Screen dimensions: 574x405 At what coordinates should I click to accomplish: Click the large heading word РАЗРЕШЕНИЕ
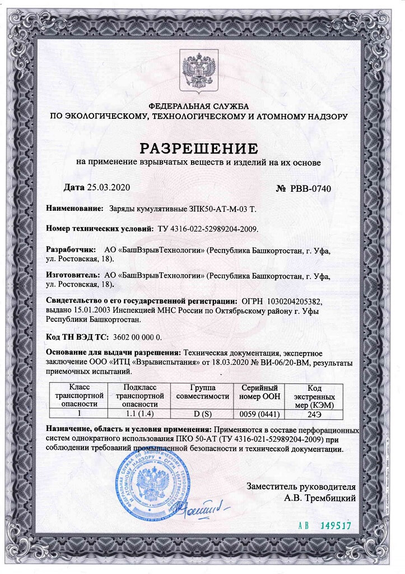[198, 149]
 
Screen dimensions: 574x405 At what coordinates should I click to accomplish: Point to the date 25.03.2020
[109, 187]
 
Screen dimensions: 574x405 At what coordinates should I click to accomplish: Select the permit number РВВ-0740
[310, 188]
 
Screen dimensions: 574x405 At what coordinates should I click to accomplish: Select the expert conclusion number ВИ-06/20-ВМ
[278, 363]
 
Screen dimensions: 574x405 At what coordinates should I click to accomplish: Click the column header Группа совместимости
[203, 392]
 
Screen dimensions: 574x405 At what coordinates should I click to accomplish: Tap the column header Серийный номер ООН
[259, 392]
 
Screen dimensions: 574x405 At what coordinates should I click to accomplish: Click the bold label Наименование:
[75, 209]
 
